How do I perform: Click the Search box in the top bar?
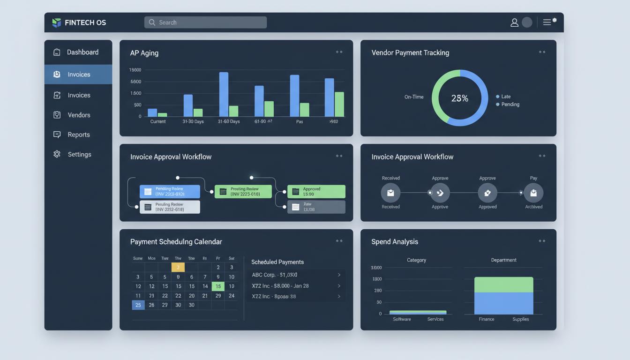point(205,22)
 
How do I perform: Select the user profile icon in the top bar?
point(514,22)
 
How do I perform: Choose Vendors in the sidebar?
point(78,115)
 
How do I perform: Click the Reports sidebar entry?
point(78,135)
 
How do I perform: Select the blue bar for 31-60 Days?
point(224,94)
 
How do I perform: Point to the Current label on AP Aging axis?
point(158,121)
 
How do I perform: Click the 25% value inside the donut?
point(459,98)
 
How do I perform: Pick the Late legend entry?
point(505,97)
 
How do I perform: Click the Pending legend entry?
point(510,104)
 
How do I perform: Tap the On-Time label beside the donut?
point(414,97)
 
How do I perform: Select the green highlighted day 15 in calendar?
point(218,286)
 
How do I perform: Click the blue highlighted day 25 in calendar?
point(138,305)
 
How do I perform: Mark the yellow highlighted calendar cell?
point(178,267)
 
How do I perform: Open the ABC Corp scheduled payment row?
point(295,275)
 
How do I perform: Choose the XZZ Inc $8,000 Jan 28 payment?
point(295,285)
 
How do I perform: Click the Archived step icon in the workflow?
point(533,193)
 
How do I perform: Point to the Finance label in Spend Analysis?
point(486,319)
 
